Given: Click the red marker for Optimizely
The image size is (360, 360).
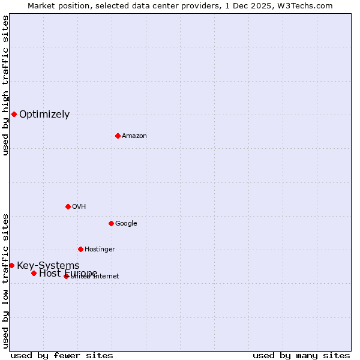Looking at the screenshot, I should click(14, 114).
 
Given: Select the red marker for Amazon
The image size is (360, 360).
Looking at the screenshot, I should click(118, 136).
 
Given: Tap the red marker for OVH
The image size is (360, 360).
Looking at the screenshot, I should click(68, 206).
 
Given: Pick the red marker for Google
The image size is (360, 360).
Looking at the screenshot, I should click(111, 223).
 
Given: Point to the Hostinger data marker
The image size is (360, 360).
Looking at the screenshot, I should click(80, 249).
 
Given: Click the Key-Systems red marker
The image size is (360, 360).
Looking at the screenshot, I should click(11, 265).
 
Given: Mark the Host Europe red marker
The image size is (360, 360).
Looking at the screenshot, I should click(34, 273).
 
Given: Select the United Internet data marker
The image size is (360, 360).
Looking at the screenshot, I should click(66, 276).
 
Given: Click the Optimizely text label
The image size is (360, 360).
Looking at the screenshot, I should click(44, 115).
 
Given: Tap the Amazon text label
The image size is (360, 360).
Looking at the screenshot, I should click(134, 136).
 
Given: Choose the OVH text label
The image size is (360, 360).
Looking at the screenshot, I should click(79, 207).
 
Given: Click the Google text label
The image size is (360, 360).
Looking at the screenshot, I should click(126, 224).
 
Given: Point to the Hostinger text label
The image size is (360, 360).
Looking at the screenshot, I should click(100, 250).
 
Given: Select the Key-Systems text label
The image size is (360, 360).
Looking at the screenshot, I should click(48, 266).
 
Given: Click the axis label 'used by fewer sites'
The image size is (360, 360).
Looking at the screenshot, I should click(62, 355).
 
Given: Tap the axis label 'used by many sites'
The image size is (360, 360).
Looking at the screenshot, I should click(301, 355).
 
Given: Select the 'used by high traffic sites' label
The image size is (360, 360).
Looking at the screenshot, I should click(6, 85).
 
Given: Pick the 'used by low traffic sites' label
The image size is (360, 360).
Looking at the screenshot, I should click(6, 280).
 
